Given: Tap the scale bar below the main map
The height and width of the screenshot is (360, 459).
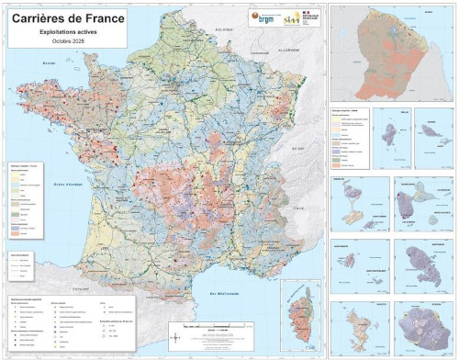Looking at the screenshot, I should tap(217, 326).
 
